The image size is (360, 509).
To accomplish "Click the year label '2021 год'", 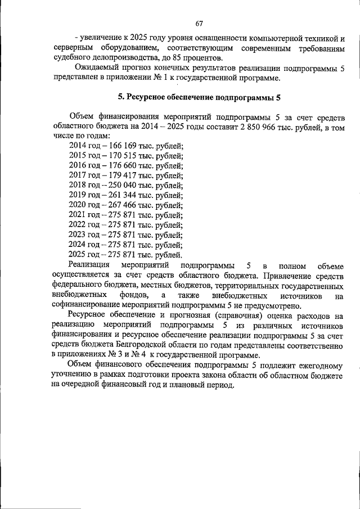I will [84, 215].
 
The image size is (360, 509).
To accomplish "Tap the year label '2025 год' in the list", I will [84, 255].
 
